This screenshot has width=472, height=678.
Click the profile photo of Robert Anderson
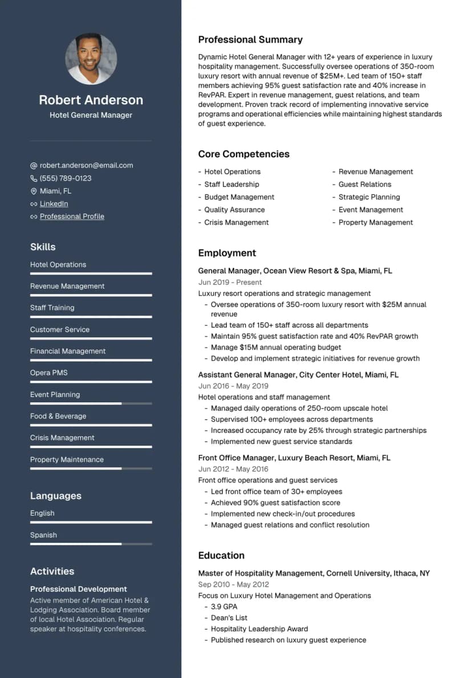[91, 59]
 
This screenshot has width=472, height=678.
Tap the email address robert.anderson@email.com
[86, 165]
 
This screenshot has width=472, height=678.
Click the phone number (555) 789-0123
[66, 178]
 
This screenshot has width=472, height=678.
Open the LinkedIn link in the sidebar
[54, 204]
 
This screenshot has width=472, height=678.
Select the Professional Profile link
[72, 217]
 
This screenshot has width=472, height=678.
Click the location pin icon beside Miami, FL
[34, 191]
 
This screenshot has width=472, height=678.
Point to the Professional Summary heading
[250, 40]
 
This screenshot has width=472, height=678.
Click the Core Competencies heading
[243, 154]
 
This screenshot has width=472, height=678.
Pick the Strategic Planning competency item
[369, 197]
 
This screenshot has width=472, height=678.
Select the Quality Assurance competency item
[234, 210]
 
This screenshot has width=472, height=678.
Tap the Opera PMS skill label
[48, 373]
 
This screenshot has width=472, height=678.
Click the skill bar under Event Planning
[91, 403]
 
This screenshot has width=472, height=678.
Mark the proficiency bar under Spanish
[91, 544]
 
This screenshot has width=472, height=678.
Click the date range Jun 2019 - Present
[230, 282]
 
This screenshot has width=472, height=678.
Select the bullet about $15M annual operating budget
[276, 347]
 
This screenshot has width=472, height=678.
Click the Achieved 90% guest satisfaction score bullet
[275, 503]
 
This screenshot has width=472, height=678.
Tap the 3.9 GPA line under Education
[224, 607]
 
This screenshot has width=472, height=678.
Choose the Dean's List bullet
[229, 618]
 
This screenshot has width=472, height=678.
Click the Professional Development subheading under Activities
[79, 589]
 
